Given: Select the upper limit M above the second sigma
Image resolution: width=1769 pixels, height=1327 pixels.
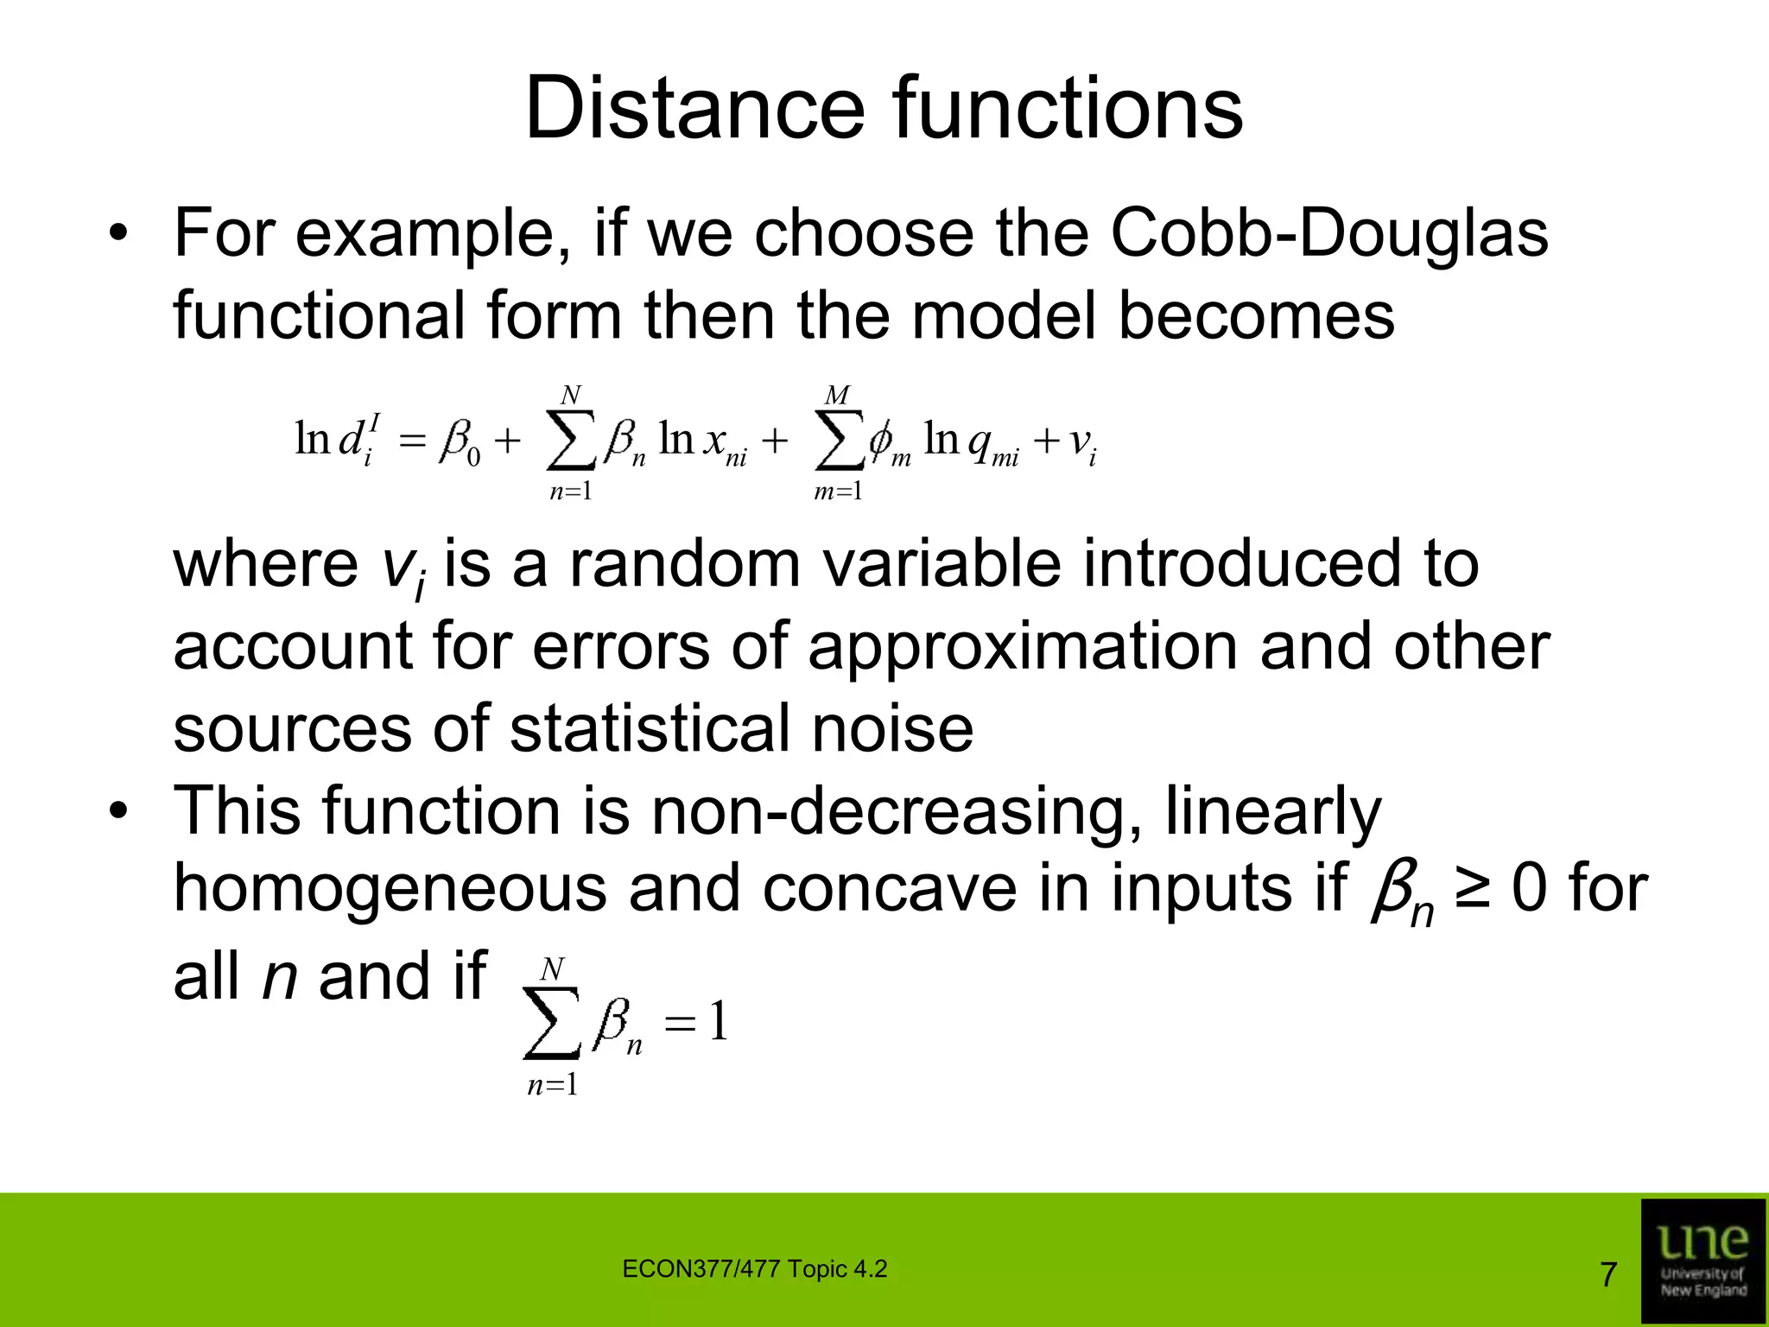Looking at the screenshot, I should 837,396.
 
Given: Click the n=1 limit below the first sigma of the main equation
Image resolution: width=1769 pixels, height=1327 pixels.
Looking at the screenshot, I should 571,492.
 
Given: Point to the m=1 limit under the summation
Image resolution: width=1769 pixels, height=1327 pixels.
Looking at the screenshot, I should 838,492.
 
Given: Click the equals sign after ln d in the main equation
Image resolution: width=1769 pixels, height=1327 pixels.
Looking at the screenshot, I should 414,442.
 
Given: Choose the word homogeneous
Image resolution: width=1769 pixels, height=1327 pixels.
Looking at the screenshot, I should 390,890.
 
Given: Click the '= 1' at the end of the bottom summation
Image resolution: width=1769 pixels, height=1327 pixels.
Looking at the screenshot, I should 696,1024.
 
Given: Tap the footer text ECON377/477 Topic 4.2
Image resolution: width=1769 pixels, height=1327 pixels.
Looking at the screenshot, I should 754,1269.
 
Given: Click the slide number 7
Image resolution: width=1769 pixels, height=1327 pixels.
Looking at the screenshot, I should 1608,1274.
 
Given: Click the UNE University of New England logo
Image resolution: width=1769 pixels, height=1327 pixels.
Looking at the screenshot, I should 1702,1260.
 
